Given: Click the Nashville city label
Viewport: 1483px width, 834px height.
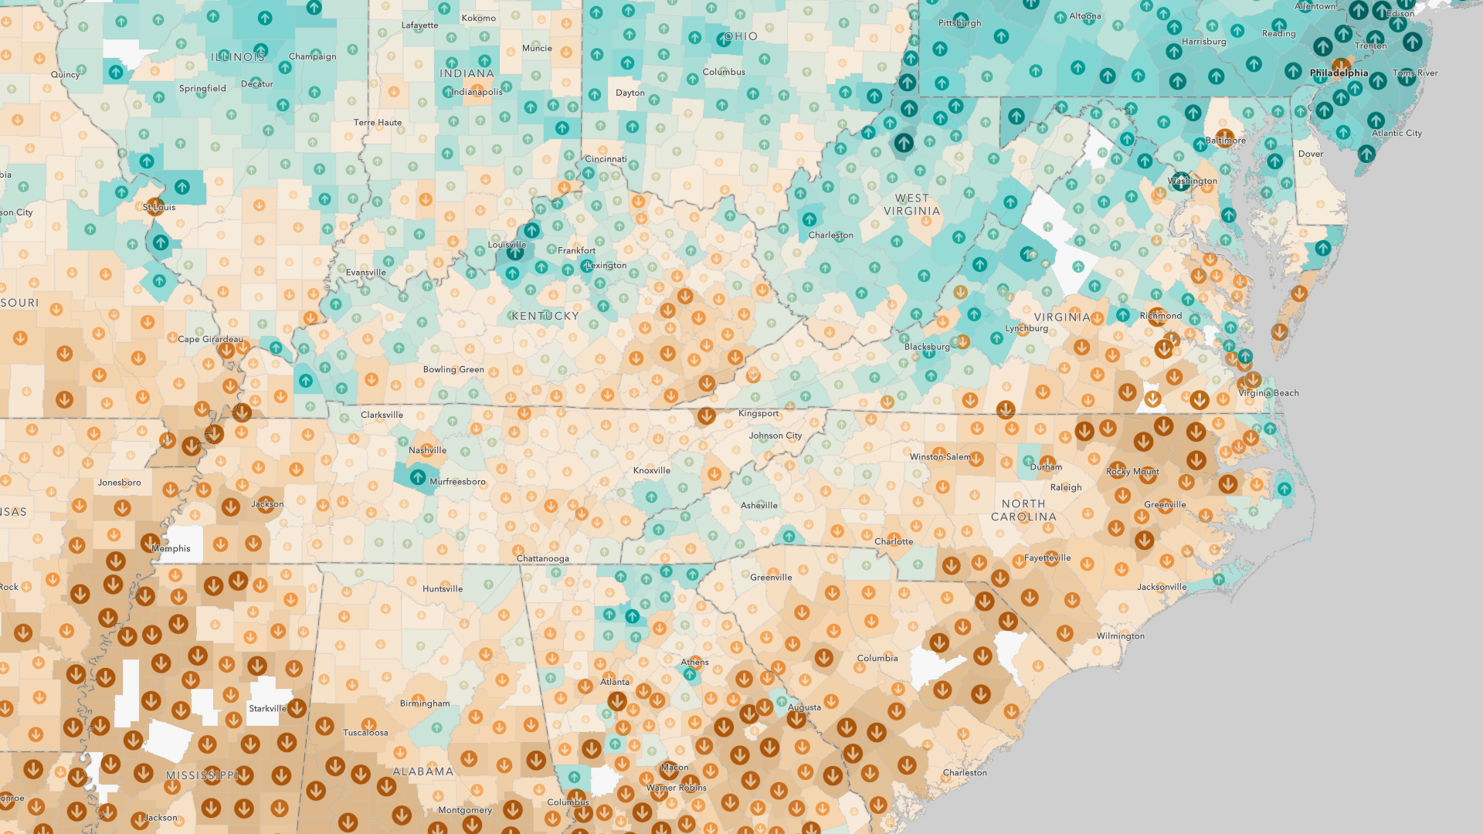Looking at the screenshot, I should [x=427, y=450].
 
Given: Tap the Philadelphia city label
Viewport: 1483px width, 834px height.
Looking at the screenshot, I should [x=1339, y=73].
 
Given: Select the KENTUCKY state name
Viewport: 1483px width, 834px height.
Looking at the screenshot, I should [x=545, y=316].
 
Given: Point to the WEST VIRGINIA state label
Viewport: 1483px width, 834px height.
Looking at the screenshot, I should [x=911, y=205].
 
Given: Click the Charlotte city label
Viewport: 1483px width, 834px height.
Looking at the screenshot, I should [x=893, y=541].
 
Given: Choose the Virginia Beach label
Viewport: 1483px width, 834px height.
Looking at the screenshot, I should [x=1268, y=393].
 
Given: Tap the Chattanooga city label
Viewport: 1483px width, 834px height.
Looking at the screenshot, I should [x=542, y=558].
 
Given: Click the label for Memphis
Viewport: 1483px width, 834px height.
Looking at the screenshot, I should [x=171, y=548].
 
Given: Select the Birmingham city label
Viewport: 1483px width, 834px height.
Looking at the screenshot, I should [x=424, y=703].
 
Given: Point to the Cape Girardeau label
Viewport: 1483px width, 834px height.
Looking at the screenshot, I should [x=209, y=339].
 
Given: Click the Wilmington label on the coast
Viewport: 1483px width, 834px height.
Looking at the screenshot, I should [x=1120, y=636].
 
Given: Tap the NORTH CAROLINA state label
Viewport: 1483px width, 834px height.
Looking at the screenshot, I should [x=1023, y=510].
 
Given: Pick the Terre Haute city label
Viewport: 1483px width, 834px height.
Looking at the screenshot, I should [x=377, y=123].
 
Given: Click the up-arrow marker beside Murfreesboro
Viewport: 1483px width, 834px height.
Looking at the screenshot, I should [x=417, y=477].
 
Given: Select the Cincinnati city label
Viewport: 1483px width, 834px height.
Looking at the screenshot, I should [x=606, y=159].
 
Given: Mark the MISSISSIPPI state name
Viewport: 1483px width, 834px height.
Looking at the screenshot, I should [x=202, y=775].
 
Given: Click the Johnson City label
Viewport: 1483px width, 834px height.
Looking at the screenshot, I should [x=775, y=436].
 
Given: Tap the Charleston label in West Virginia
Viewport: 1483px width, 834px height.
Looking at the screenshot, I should [x=830, y=236].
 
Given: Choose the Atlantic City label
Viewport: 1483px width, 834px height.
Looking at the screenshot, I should [x=1396, y=134].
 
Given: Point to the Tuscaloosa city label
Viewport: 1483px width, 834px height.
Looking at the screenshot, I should [x=365, y=733].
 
